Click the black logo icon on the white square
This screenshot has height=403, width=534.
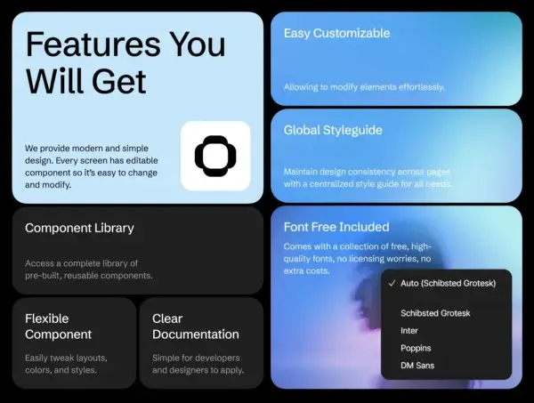215,156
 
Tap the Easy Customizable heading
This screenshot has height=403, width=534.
336,34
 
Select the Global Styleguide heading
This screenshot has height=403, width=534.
333,130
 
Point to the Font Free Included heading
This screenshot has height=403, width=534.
336,227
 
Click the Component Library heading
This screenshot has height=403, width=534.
79,228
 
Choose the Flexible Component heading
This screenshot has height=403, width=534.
58,326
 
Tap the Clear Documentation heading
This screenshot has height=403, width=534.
195,326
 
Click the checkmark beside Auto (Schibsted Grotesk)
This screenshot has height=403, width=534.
392,283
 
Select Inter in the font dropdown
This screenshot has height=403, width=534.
409,330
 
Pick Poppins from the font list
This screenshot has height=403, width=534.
416,347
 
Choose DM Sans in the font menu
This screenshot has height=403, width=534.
418,365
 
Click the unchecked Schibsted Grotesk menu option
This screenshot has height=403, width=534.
435,313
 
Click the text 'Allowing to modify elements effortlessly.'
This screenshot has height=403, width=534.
364,87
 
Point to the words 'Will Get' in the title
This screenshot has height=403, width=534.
85,80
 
